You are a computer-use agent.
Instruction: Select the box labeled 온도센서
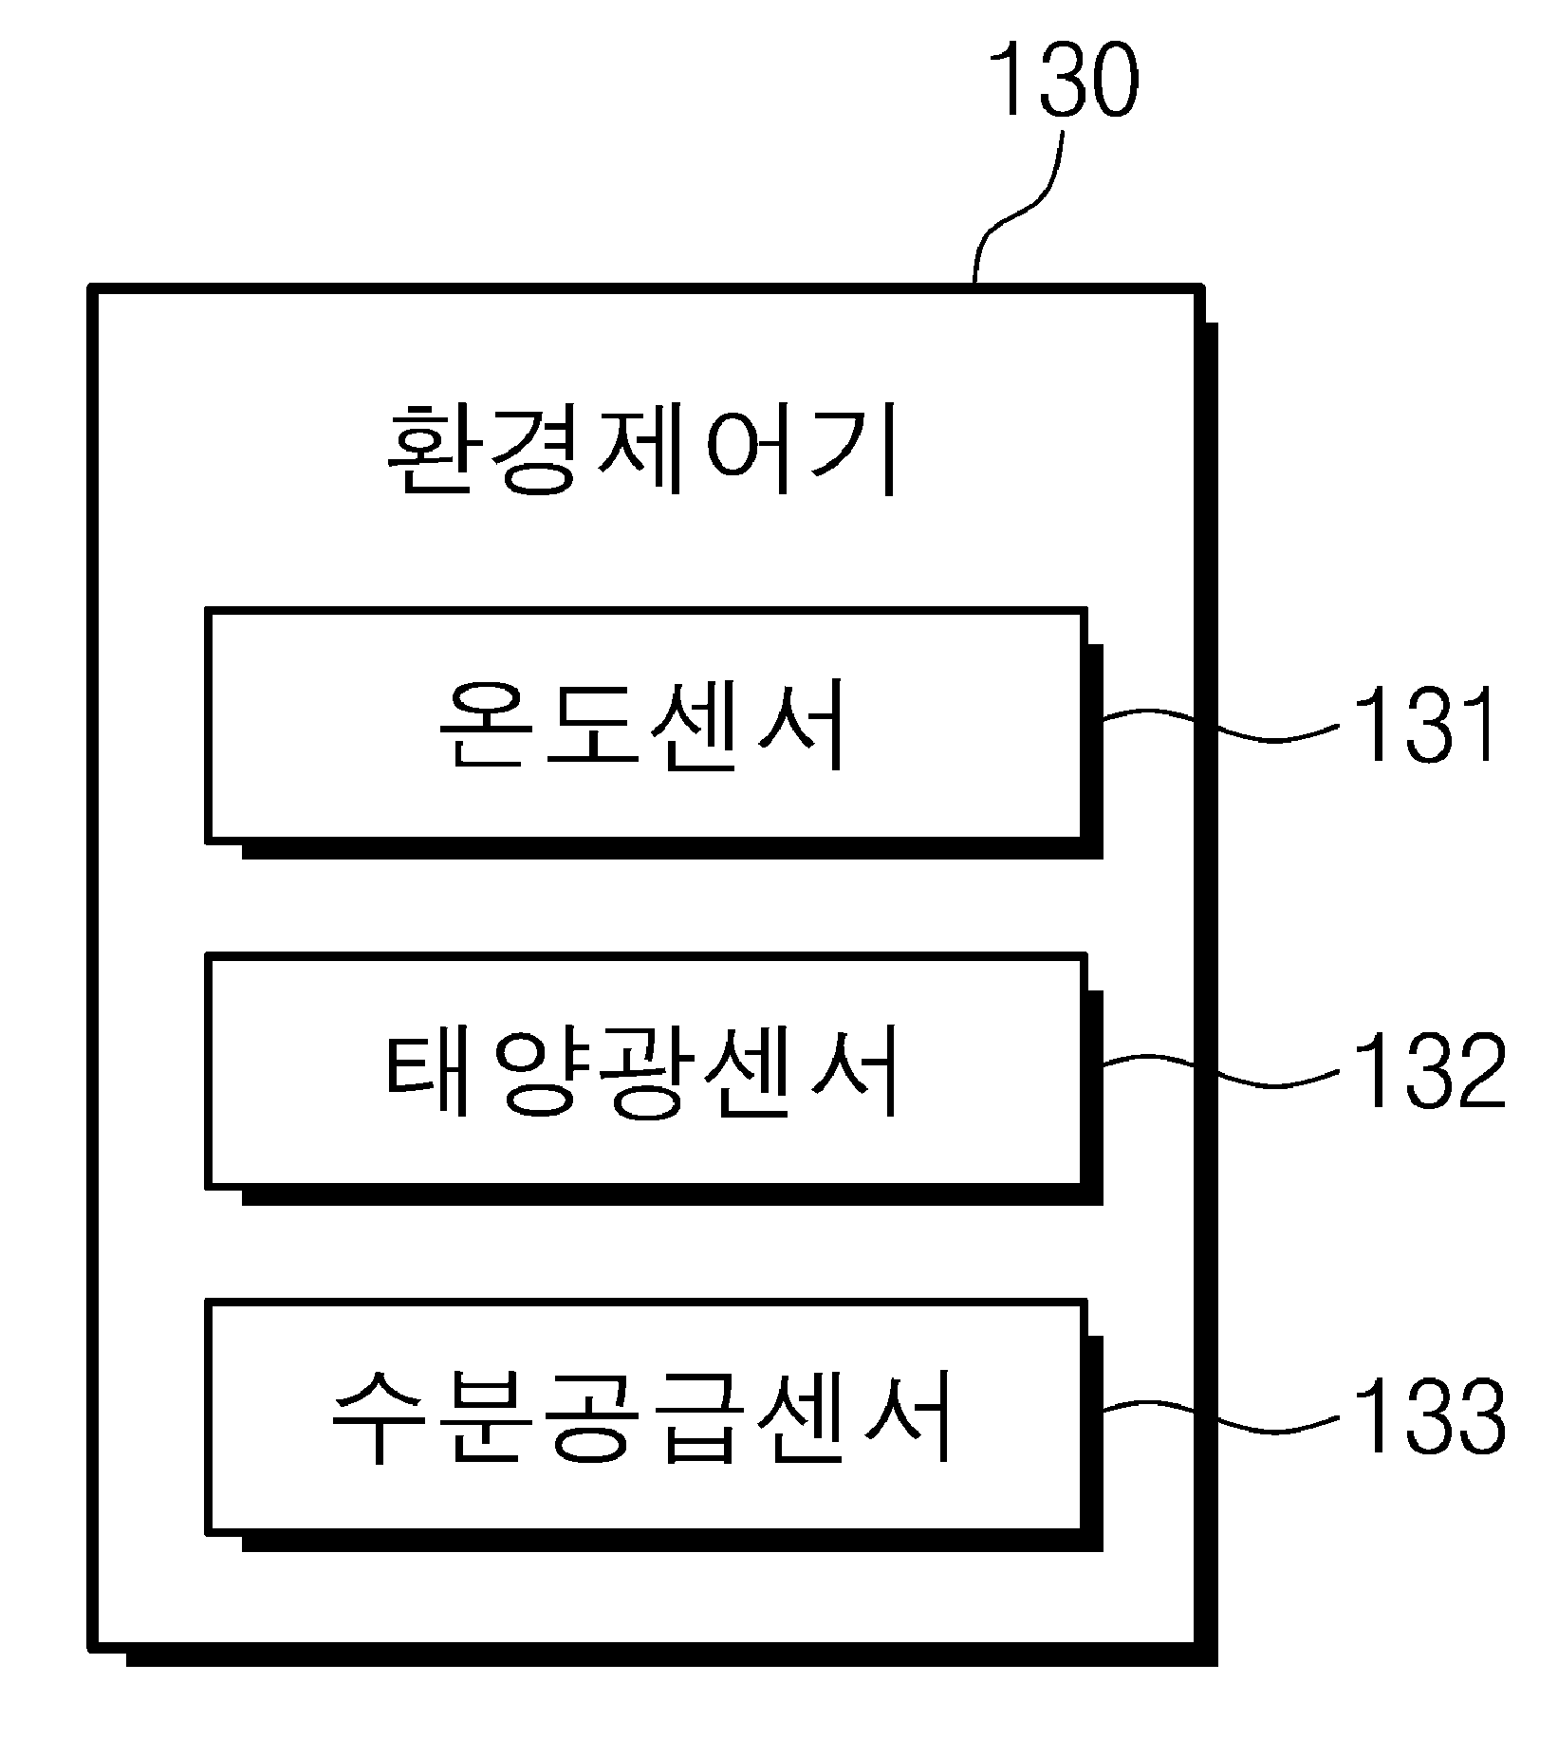pyautogui.click(x=645, y=725)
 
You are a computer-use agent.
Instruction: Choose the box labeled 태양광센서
pyautogui.click(x=645, y=1070)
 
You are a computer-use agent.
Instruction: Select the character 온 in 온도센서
pyautogui.click(x=487, y=726)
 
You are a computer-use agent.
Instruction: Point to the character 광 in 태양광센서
pyautogui.click(x=645, y=1072)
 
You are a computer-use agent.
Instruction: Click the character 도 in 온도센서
pyautogui.click(x=592, y=726)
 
